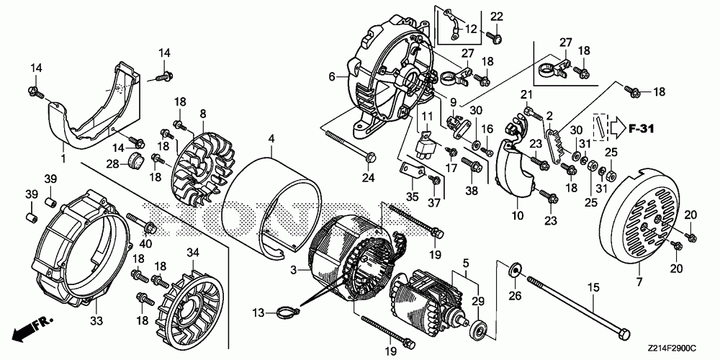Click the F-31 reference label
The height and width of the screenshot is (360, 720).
pos(641,129)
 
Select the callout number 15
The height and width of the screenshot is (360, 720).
pos(593,288)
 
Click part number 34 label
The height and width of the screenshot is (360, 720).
pos(192,251)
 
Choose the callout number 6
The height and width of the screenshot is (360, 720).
pos(332,76)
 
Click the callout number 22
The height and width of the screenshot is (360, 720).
pos(497,17)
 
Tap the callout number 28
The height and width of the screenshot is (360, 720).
pos(112,164)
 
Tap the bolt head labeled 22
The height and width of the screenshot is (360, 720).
pos(496,35)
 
